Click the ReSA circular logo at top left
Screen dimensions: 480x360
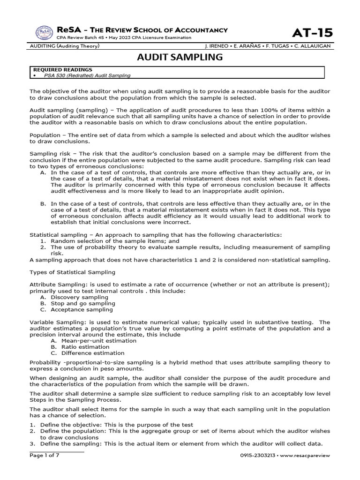click(x=44, y=33)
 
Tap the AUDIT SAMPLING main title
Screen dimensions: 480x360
click(x=180, y=57)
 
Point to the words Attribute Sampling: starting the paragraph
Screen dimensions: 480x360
click(x=54, y=285)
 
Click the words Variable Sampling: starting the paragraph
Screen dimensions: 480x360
click(x=52, y=322)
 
